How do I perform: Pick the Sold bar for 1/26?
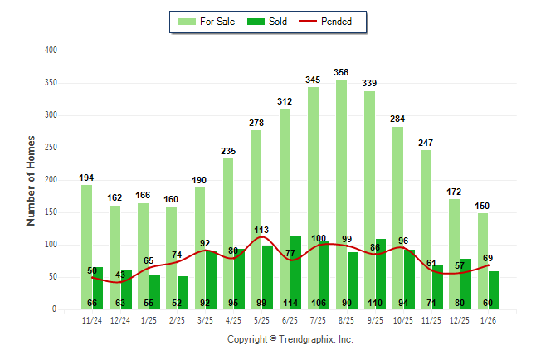pyautogui.click(x=495, y=289)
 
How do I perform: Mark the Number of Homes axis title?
pyautogui.click(x=31, y=180)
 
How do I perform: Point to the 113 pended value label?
pyautogui.click(x=262, y=231)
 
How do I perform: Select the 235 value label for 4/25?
pyautogui.click(x=228, y=151)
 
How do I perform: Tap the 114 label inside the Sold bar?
pyautogui.click(x=319, y=302)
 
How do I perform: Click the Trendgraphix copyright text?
pyautogui.click(x=290, y=339)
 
